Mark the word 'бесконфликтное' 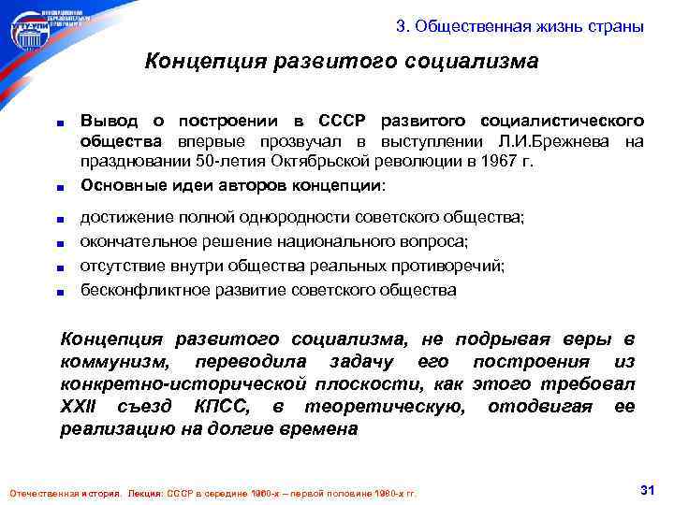[x=136, y=290]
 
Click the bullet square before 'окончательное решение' [x=60, y=243]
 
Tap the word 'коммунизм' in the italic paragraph [x=107, y=362]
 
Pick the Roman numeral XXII [x=80, y=407]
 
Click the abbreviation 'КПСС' [x=222, y=407]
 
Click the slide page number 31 [x=644, y=490]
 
